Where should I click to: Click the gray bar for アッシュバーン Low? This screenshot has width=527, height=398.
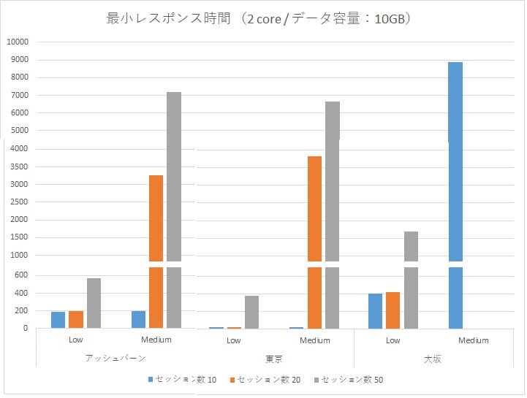[x=94, y=303]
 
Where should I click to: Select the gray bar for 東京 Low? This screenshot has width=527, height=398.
[x=251, y=312]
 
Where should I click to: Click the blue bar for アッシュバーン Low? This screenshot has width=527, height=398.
[x=58, y=320]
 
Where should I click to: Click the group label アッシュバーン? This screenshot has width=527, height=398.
[x=115, y=358]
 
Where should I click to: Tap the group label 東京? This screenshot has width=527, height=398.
[x=274, y=358]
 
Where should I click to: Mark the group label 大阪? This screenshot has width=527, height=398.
[x=433, y=358]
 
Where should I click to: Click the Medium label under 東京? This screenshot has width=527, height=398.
[x=315, y=340]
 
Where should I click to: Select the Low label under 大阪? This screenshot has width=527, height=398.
[x=393, y=340]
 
